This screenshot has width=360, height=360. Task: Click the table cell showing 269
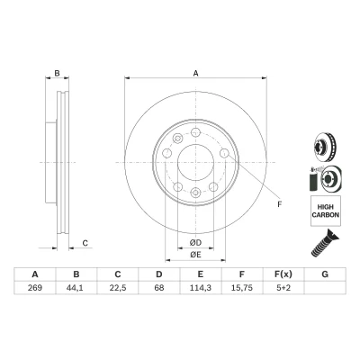point(35,288)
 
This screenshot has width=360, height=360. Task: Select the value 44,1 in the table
point(76,288)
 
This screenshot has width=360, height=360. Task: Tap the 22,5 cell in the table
point(118,288)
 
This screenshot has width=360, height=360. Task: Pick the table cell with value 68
point(159,288)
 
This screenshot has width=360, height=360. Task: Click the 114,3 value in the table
point(201,288)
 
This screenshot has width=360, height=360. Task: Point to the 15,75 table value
point(242,288)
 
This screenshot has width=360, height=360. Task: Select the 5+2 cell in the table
point(283,288)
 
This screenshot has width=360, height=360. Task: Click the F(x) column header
point(283,274)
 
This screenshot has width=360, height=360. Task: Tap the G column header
point(325,274)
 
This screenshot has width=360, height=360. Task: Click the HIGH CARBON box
point(326,211)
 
